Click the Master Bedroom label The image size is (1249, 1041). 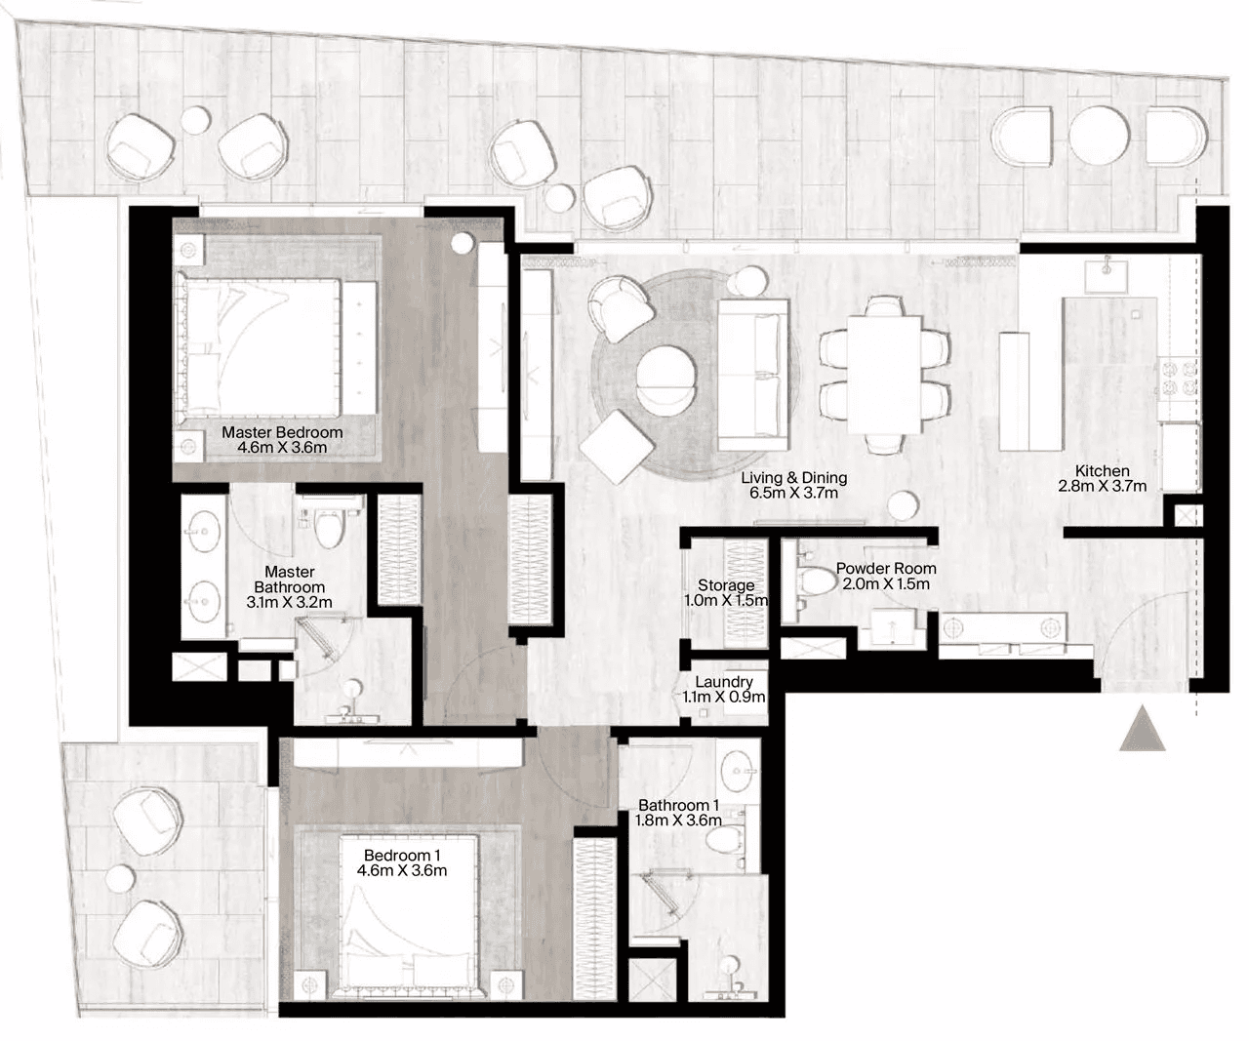click(282, 432)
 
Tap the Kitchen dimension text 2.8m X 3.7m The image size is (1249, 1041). click(1102, 487)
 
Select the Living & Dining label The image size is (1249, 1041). click(793, 477)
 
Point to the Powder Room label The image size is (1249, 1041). click(886, 569)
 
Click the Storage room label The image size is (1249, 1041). click(726, 585)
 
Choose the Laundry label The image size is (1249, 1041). click(724, 681)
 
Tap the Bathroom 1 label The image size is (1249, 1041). click(678, 805)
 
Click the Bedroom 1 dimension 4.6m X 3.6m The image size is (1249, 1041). click(402, 870)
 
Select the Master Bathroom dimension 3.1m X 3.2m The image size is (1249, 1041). click(289, 603)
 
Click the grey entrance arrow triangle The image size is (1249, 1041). click(1142, 729)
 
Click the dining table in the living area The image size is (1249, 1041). click(883, 375)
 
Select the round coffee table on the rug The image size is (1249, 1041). click(665, 380)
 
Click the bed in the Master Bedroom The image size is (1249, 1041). click(276, 347)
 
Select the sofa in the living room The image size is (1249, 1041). click(752, 375)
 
